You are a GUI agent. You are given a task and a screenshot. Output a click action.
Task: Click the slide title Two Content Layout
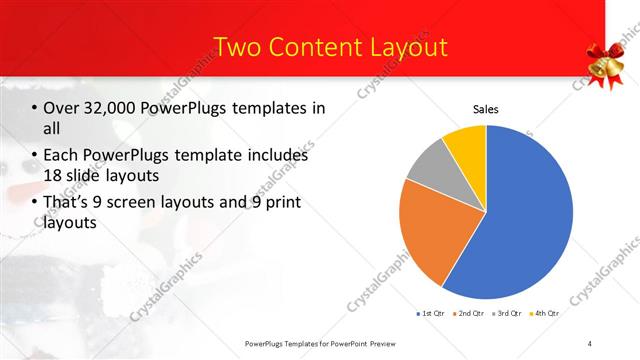[331, 46]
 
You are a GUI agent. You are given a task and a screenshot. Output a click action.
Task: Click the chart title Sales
[486, 108]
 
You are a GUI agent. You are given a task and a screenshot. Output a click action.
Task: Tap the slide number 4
[590, 343]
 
